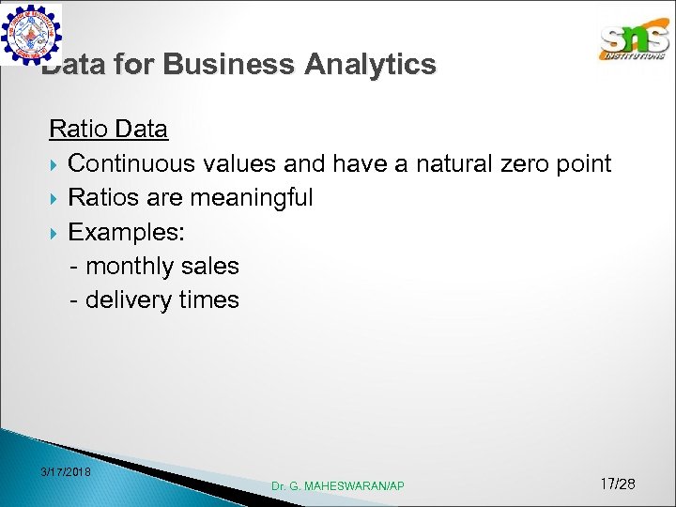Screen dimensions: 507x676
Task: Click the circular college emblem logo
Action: point(31,34)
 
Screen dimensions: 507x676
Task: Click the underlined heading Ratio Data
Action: point(108,129)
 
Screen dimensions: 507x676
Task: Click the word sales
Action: point(210,267)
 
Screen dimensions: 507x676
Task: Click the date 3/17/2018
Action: point(67,471)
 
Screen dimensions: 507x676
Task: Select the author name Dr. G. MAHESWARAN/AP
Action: point(338,485)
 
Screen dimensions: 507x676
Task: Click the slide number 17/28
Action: point(617,484)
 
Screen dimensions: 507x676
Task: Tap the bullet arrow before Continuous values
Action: point(54,164)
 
